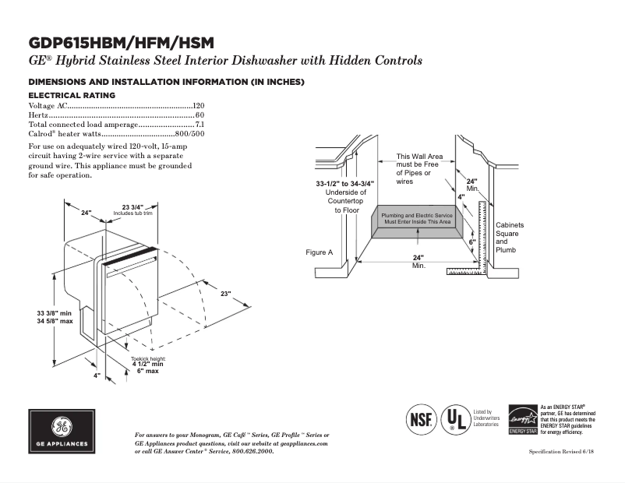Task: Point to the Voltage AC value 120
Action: tap(199, 105)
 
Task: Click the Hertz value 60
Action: tap(200, 115)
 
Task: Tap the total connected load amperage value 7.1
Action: tap(200, 124)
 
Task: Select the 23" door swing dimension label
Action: tap(225, 294)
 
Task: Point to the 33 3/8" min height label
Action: tap(55, 312)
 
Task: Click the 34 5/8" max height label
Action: tap(55, 321)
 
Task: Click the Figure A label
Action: tap(320, 252)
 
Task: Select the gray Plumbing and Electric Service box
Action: tap(416, 218)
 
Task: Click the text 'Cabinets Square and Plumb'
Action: tap(510, 238)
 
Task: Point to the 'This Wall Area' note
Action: tap(419, 157)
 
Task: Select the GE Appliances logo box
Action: tap(62, 432)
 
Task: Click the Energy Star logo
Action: tap(523, 419)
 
